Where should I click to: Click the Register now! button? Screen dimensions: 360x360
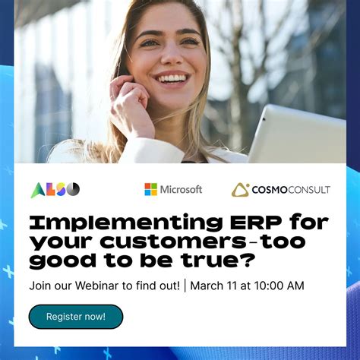click(x=75, y=316)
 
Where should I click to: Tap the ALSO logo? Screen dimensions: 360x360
click(x=55, y=189)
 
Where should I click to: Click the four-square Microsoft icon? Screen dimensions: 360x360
click(x=150, y=189)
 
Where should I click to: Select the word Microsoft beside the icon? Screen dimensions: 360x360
click(x=181, y=189)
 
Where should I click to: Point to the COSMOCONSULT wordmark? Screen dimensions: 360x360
click(x=291, y=190)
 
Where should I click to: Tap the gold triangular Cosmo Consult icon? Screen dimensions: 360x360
click(x=240, y=189)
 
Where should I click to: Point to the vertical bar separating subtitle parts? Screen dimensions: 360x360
click(x=185, y=286)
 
